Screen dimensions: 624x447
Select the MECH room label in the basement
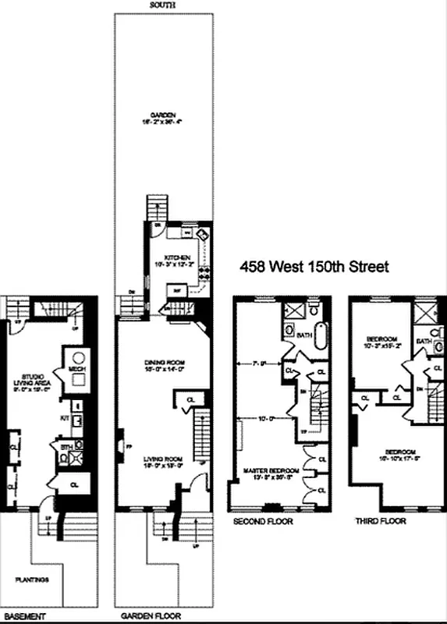click(x=76, y=368)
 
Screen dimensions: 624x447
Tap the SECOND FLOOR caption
click(x=262, y=521)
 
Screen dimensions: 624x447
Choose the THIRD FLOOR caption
click(x=379, y=521)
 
